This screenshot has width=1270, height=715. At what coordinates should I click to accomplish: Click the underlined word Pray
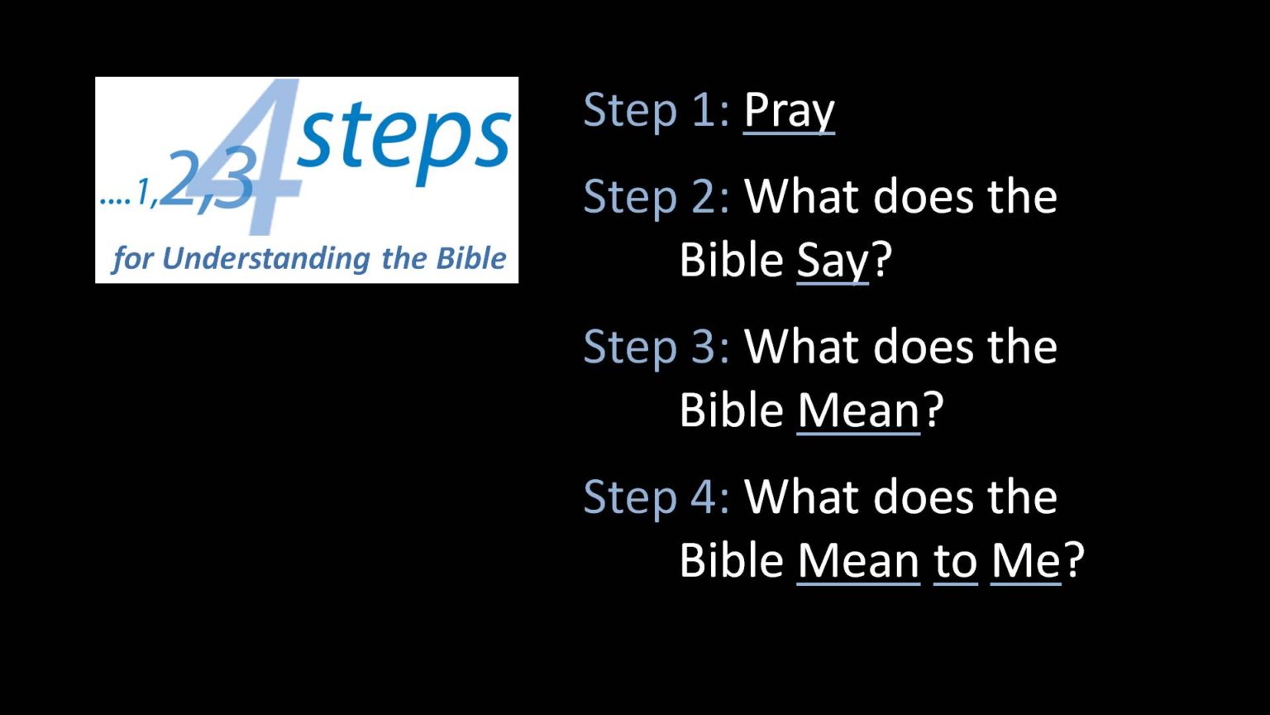tap(789, 113)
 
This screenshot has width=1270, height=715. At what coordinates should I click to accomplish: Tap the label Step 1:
tap(656, 110)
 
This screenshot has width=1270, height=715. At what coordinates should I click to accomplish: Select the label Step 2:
tap(656, 198)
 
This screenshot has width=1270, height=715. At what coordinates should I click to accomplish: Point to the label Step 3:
tap(656, 348)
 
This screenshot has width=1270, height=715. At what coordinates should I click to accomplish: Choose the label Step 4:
tap(656, 497)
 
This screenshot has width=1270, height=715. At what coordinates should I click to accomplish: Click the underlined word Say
tap(833, 262)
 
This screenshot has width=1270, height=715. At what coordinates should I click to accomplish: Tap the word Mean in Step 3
tap(858, 412)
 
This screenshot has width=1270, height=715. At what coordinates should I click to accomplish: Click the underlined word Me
tap(1025, 562)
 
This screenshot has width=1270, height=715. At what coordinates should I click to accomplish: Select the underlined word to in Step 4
tap(955, 563)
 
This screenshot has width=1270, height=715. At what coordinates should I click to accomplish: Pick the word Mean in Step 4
tap(858, 562)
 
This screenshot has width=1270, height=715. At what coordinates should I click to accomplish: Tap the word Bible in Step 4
tap(732, 559)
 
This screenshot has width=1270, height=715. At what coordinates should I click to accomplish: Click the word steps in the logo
tap(403, 142)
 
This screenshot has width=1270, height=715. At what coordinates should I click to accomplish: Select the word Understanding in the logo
tap(266, 258)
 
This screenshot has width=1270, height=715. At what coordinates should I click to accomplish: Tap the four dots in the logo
tap(116, 200)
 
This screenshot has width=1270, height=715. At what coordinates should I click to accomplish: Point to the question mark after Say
tap(881, 259)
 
